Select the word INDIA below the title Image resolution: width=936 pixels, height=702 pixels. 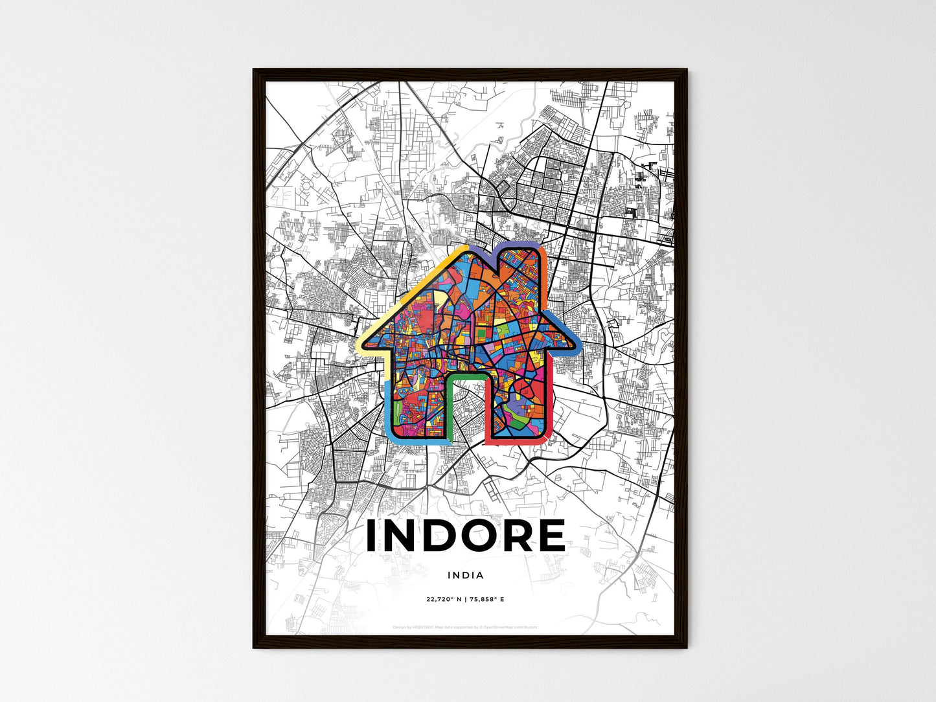465,575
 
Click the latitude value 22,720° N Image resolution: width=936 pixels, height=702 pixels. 444,599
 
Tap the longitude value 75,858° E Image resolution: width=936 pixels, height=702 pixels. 486,599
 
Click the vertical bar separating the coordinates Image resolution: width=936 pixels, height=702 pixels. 465,599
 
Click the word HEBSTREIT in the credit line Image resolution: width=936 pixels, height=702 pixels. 420,627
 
